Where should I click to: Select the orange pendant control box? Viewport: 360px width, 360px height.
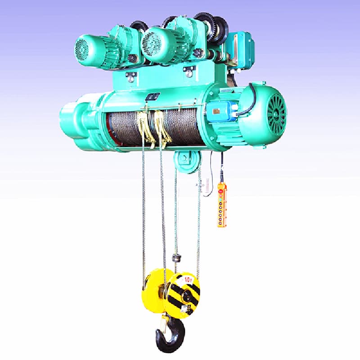222,205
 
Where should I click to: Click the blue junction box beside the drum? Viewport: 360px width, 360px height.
220,111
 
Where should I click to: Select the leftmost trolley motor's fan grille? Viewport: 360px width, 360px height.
82,48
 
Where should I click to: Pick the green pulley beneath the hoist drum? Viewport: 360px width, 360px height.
186,160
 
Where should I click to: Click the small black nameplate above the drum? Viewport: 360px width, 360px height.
153,96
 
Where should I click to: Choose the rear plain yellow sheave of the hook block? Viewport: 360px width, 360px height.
156,291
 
